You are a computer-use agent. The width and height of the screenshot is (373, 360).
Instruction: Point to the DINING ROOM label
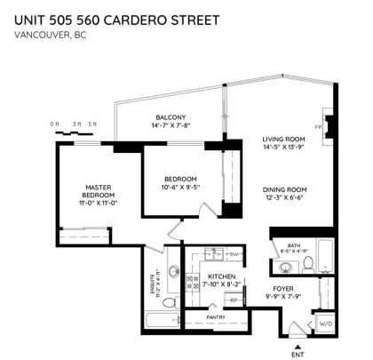284,189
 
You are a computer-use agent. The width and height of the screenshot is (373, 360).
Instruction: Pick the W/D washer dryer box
325,324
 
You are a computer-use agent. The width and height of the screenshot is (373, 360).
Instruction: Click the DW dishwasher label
234,255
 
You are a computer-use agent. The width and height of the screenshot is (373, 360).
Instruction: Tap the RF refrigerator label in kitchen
234,300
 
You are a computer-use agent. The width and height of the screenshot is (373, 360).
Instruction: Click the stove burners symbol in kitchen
192,281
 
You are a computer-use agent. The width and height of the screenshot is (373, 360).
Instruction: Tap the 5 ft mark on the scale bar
91,124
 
